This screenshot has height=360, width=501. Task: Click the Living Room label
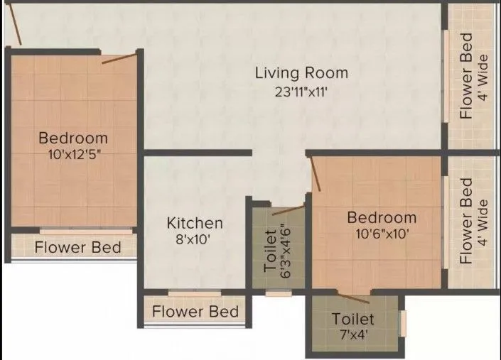(x=301, y=72)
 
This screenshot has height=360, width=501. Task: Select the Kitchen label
(x=195, y=223)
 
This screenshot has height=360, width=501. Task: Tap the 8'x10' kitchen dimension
(x=195, y=240)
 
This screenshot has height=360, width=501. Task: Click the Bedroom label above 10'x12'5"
(x=73, y=138)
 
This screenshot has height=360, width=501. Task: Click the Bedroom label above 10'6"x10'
(x=382, y=217)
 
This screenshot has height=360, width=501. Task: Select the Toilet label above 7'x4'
(x=353, y=320)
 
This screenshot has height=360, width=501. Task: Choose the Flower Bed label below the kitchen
(x=195, y=312)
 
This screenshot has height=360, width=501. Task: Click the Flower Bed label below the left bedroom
(x=77, y=248)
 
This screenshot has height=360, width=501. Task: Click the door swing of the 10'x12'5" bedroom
(x=119, y=58)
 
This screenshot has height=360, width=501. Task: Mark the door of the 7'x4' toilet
(x=352, y=298)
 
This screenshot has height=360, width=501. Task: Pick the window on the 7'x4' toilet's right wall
(x=402, y=323)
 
